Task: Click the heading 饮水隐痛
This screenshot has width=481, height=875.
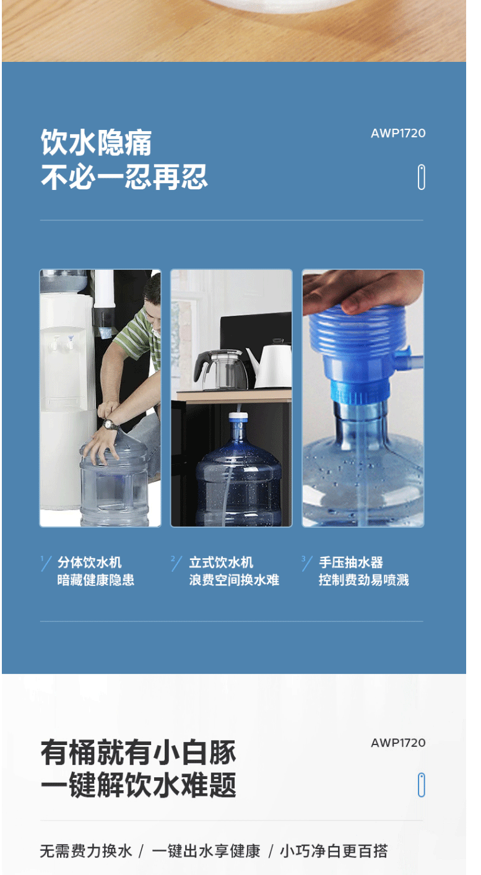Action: point(96,142)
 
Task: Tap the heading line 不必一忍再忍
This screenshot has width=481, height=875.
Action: point(124,177)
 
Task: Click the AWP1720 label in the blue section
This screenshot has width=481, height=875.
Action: point(398,133)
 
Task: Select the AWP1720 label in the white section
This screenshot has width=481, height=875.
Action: point(398,743)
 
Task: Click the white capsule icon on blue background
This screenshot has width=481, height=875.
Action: point(421,177)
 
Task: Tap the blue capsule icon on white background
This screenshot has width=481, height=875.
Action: point(421,785)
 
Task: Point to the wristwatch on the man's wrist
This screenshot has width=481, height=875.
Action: point(110,424)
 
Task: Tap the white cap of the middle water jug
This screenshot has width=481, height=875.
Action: point(238,417)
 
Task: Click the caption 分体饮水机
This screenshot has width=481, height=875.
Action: point(90,562)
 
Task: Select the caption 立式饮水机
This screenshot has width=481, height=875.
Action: point(221,562)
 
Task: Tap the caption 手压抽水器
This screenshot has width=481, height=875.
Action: point(351,562)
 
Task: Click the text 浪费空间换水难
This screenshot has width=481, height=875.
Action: point(234,580)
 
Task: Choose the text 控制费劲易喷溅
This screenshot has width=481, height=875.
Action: point(364,580)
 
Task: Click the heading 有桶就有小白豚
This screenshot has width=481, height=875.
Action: point(138,752)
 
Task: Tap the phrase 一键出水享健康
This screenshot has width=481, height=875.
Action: point(206,851)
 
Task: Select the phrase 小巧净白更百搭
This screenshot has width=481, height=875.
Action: point(334,851)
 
